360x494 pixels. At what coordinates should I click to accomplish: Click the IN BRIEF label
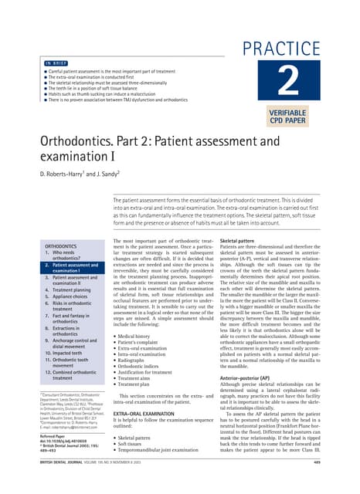point(55,63)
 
